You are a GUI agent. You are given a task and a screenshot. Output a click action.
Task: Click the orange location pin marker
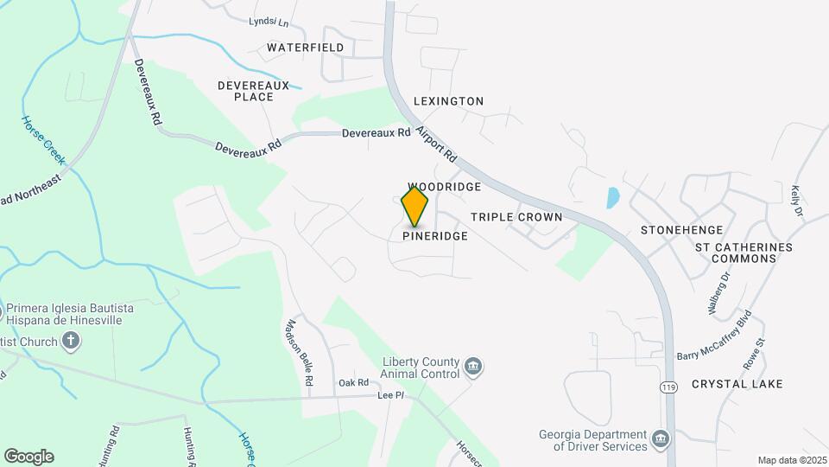(415, 206)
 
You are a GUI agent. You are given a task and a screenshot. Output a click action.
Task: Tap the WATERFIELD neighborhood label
(305, 48)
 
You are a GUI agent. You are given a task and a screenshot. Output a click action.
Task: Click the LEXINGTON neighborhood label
(448, 101)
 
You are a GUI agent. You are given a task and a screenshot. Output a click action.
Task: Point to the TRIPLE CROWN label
(516, 217)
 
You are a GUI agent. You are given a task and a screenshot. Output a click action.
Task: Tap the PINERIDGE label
(435, 236)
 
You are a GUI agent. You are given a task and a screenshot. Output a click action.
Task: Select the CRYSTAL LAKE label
(737, 384)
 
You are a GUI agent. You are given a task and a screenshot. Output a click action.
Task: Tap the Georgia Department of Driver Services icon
(661, 440)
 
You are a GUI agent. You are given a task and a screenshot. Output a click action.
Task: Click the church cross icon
(71, 341)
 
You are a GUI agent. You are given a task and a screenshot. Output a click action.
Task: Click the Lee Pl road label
(391, 395)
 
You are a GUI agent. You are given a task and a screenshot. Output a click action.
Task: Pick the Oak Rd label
(353, 382)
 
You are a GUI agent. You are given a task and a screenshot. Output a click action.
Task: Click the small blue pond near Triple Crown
(612, 198)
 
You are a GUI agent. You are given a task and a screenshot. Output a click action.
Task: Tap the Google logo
(28, 457)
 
